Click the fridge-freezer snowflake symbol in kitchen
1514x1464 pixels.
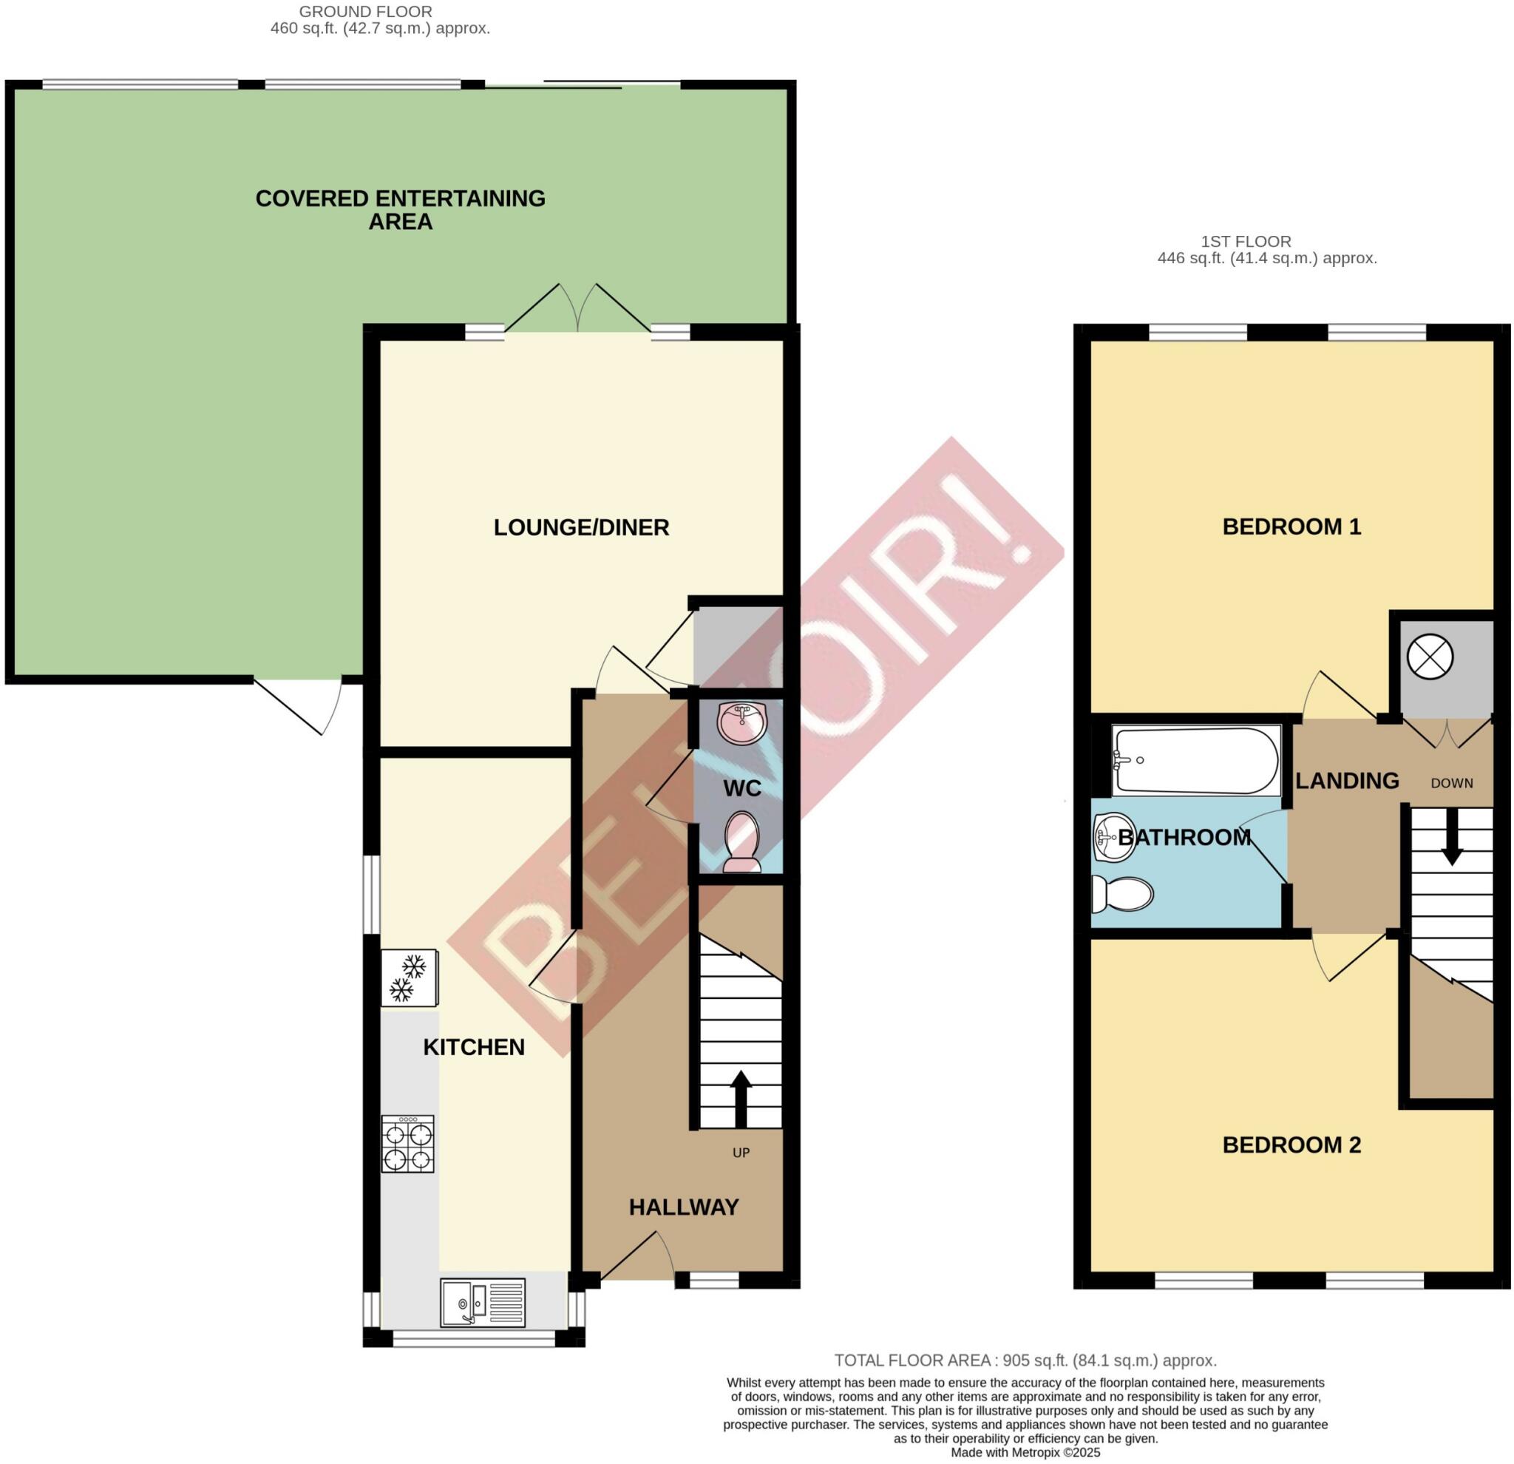[408, 978]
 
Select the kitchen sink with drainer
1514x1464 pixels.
[483, 1305]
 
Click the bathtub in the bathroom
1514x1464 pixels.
[1196, 761]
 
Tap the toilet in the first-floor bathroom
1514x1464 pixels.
[1121, 895]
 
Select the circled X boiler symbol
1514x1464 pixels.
[1430, 657]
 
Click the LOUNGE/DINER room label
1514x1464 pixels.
[581, 528]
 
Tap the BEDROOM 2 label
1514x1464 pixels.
[1291, 1145]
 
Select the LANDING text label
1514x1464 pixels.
[1347, 781]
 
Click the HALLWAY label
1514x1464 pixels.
[684, 1207]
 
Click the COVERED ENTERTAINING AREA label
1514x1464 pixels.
[400, 210]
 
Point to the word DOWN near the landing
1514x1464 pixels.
[1451, 783]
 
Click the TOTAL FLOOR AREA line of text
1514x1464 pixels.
[1025, 1360]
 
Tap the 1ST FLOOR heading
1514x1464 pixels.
[1245, 242]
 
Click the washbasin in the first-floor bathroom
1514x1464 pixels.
[1113, 837]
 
